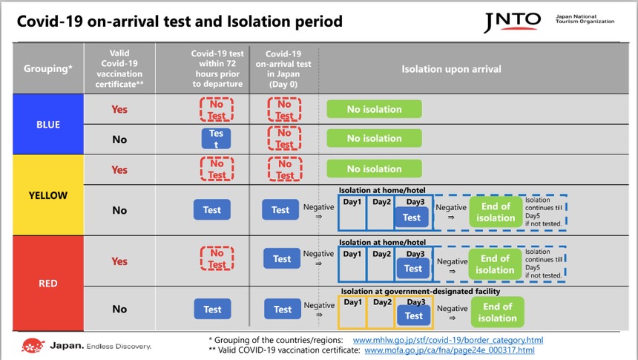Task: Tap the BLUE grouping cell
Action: (48, 124)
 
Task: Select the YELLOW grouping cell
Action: (48, 196)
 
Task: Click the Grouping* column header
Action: (48, 69)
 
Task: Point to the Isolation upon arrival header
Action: (451, 69)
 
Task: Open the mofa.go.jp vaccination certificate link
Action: (449, 350)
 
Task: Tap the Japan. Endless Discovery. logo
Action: (88, 346)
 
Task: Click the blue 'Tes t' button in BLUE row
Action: (216, 139)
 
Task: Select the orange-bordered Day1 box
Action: (352, 312)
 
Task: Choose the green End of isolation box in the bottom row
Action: (497, 312)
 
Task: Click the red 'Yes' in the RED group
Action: (119, 261)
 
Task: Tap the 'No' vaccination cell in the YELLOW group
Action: (119, 210)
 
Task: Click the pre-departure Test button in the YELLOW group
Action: (212, 210)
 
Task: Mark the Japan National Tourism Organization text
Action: (585, 18)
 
